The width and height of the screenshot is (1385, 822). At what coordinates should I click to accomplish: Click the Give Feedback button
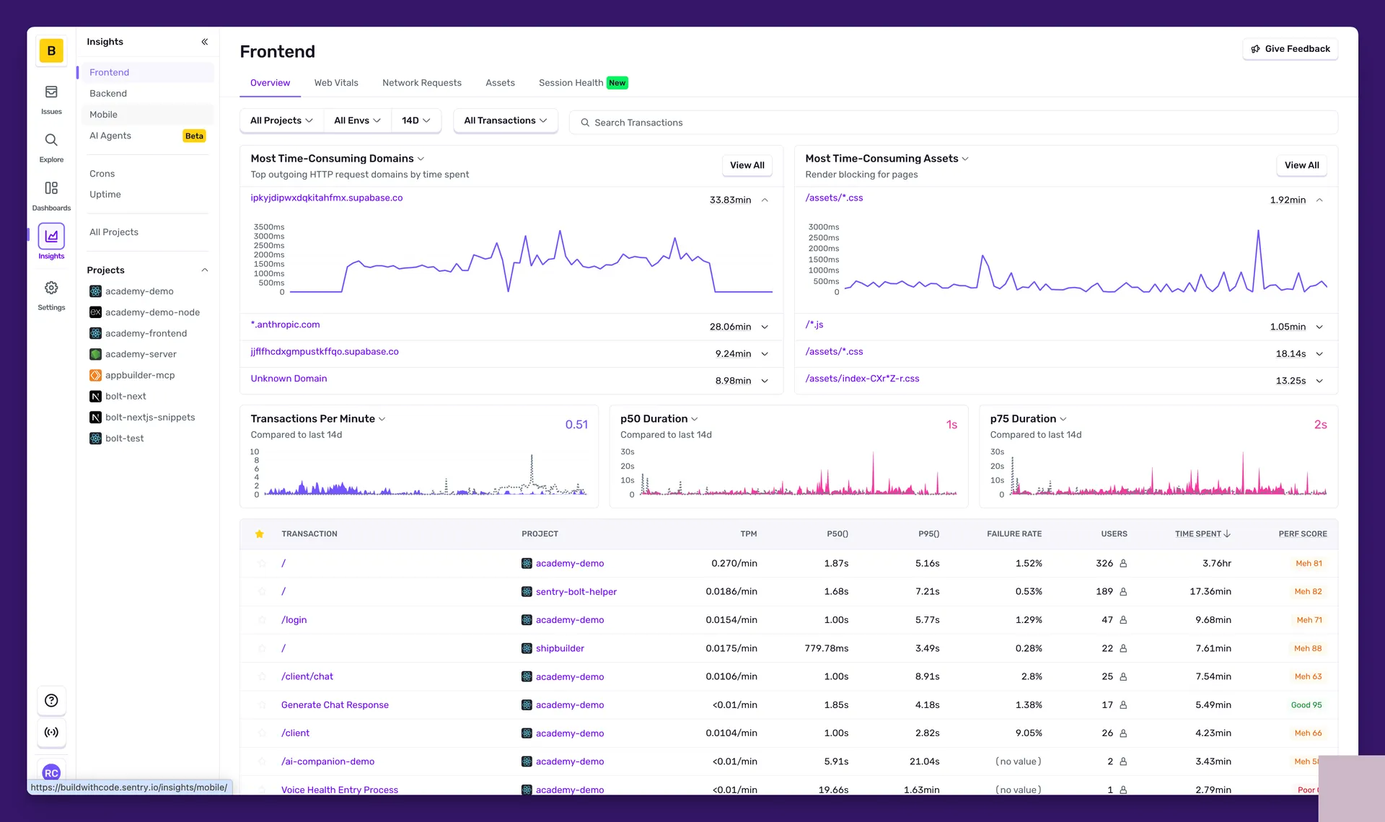(1290, 48)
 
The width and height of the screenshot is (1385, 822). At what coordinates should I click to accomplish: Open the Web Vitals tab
(336, 83)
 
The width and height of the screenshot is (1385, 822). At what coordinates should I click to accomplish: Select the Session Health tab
(571, 83)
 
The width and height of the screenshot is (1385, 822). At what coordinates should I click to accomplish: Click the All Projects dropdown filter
(281, 120)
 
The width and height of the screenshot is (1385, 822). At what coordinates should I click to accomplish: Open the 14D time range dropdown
(415, 120)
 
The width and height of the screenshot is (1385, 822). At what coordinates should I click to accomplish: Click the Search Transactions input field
(952, 123)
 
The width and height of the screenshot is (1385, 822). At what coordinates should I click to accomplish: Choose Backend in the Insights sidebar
(108, 94)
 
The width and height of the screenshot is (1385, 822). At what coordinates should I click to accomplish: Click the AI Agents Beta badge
(194, 136)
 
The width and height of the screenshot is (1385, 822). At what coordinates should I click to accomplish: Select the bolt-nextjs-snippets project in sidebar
(150, 417)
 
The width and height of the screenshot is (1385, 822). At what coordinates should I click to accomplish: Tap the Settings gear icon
(51, 288)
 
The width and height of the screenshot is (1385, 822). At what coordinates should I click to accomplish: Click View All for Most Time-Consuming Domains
(747, 165)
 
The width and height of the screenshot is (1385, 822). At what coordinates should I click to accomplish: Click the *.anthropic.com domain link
(285, 325)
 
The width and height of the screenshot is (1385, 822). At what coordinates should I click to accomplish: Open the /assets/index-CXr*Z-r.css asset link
(862, 379)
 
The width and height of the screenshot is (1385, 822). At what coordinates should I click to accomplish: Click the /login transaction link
(294, 620)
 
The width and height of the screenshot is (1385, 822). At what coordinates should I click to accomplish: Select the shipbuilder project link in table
(560, 648)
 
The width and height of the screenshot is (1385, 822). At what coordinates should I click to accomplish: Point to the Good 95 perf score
(1306, 705)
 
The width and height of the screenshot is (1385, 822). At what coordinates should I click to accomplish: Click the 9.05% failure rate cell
(1028, 733)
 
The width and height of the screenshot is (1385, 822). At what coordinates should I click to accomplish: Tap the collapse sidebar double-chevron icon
(205, 42)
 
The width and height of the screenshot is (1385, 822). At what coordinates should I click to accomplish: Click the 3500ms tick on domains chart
(268, 227)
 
